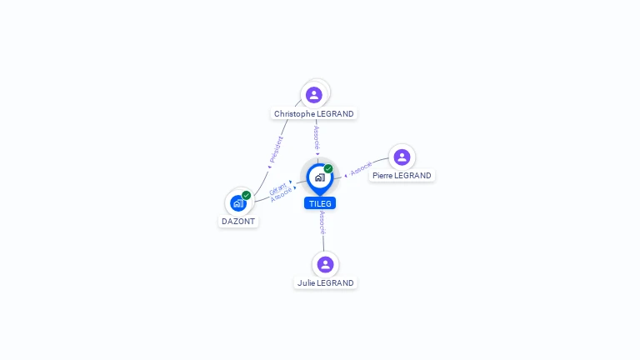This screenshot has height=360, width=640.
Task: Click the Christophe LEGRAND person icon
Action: pyautogui.click(x=313, y=94)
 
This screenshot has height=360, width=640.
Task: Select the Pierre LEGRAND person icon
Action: pyautogui.click(x=402, y=157)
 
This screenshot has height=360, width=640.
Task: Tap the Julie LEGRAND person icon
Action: pyautogui.click(x=325, y=264)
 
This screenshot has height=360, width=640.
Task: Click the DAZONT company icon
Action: pyautogui.click(x=237, y=202)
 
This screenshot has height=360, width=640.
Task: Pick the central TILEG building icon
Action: pyautogui.click(x=319, y=177)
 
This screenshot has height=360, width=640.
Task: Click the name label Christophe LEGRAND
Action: pyautogui.click(x=314, y=113)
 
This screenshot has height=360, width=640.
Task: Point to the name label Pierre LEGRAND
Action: pyautogui.click(x=402, y=176)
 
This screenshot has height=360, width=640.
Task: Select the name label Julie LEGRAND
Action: pyautogui.click(x=325, y=282)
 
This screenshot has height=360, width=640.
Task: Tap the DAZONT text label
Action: pyautogui.click(x=238, y=222)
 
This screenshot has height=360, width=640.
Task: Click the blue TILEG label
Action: pyautogui.click(x=320, y=203)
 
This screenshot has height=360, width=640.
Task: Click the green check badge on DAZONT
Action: pyautogui.click(x=247, y=195)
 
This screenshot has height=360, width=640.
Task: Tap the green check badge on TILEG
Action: pyautogui.click(x=328, y=168)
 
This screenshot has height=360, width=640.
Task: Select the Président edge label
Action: pyautogui.click(x=276, y=148)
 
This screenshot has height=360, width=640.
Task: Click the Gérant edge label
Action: pyautogui.click(x=278, y=188)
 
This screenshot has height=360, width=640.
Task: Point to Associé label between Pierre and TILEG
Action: pyautogui.click(x=361, y=169)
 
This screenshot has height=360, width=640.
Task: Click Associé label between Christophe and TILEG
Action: pyautogui.click(x=317, y=137)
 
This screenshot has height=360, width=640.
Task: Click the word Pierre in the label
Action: pyautogui.click(x=382, y=176)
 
